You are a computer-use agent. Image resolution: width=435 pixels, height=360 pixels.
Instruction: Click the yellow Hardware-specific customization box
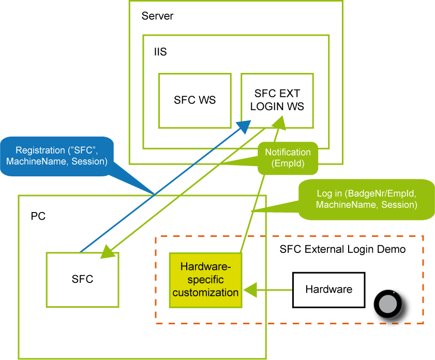point(205,280)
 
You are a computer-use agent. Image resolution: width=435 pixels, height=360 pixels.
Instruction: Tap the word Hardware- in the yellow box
point(205,267)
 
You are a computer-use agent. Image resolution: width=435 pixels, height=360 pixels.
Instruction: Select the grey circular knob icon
point(387,304)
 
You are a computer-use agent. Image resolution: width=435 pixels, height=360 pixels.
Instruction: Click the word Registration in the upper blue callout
point(40,151)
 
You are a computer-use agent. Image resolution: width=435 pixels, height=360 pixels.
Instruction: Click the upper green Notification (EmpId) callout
point(288,158)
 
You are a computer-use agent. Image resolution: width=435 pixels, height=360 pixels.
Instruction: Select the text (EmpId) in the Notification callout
point(288,164)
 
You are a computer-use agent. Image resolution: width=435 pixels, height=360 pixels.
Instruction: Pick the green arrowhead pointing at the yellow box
point(249,290)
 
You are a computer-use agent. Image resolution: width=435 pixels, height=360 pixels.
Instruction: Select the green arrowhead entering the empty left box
point(108,252)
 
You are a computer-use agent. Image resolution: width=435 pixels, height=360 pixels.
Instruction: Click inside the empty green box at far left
point(82,279)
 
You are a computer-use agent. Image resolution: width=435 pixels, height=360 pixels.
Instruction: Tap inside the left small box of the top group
point(194,100)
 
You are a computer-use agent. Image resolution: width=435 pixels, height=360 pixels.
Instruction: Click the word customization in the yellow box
point(205,293)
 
